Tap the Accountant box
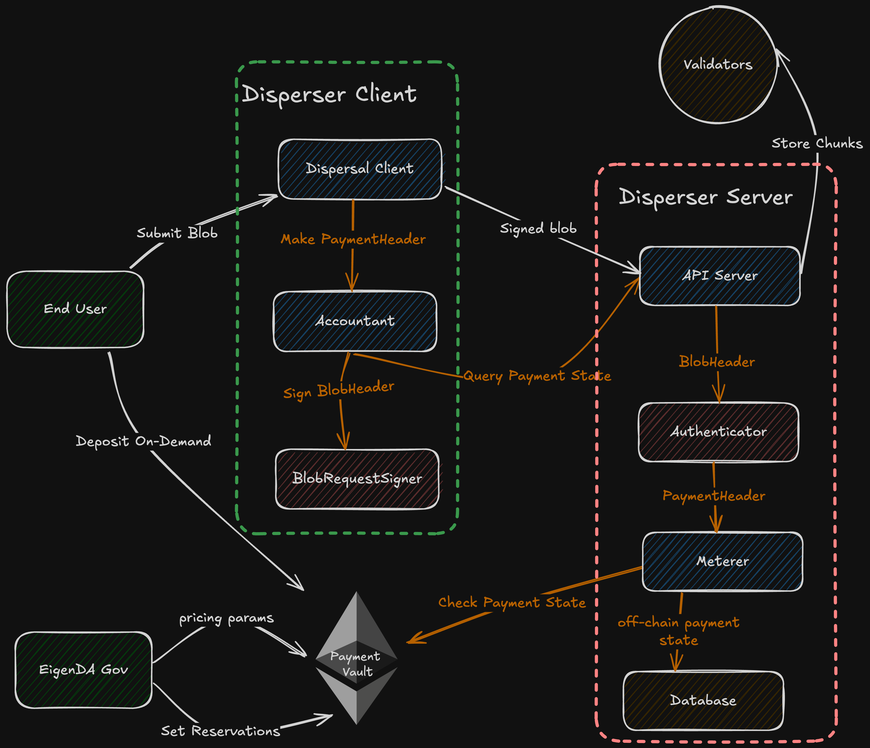click(x=355, y=321)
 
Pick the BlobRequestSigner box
click(x=357, y=479)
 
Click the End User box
click(x=75, y=309)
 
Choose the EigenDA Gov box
click(x=83, y=669)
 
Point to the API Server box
click(x=720, y=276)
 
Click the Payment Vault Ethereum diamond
click(x=356, y=659)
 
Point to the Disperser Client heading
click(x=330, y=94)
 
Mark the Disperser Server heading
click(x=706, y=197)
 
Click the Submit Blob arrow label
click(x=177, y=233)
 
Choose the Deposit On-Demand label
click(x=144, y=441)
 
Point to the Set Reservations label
click(x=220, y=731)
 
